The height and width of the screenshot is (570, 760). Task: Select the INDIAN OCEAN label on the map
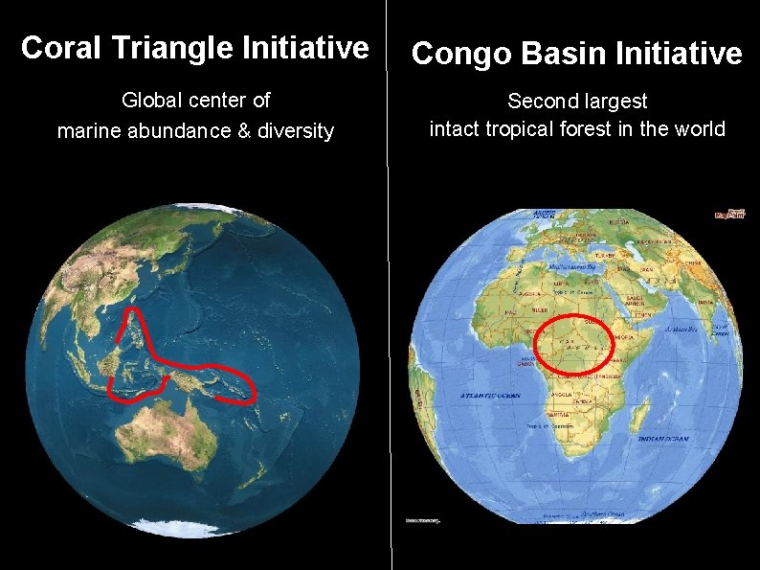(663, 439)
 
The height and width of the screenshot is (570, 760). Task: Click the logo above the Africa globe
(729, 214)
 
